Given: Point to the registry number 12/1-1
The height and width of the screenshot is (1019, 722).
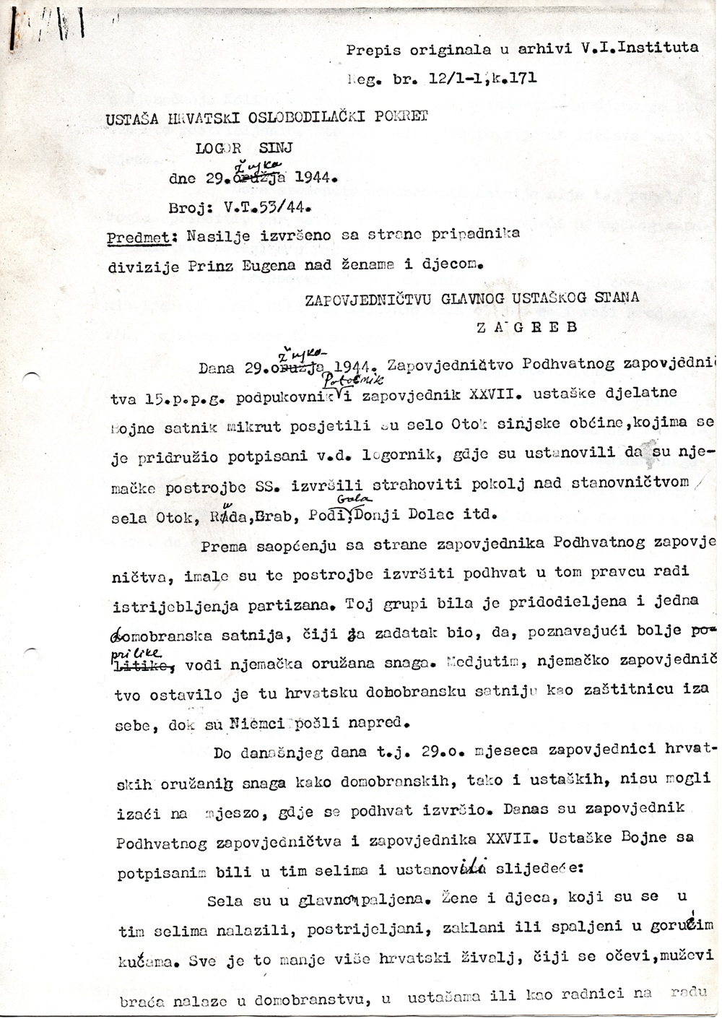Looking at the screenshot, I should tap(451, 78).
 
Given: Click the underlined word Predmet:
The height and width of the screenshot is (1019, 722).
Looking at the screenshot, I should tap(142, 236).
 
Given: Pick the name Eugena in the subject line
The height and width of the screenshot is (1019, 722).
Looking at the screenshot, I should tap(269, 265).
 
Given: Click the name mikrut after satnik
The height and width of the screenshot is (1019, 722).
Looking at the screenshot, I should tap(249, 425).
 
